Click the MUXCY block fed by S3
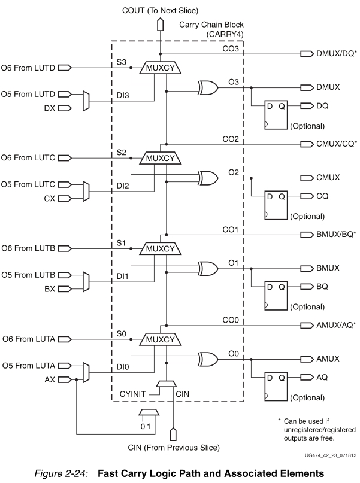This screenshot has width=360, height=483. click(159, 69)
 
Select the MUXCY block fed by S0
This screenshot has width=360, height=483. click(159, 340)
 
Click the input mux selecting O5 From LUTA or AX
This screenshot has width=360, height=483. click(88, 373)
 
